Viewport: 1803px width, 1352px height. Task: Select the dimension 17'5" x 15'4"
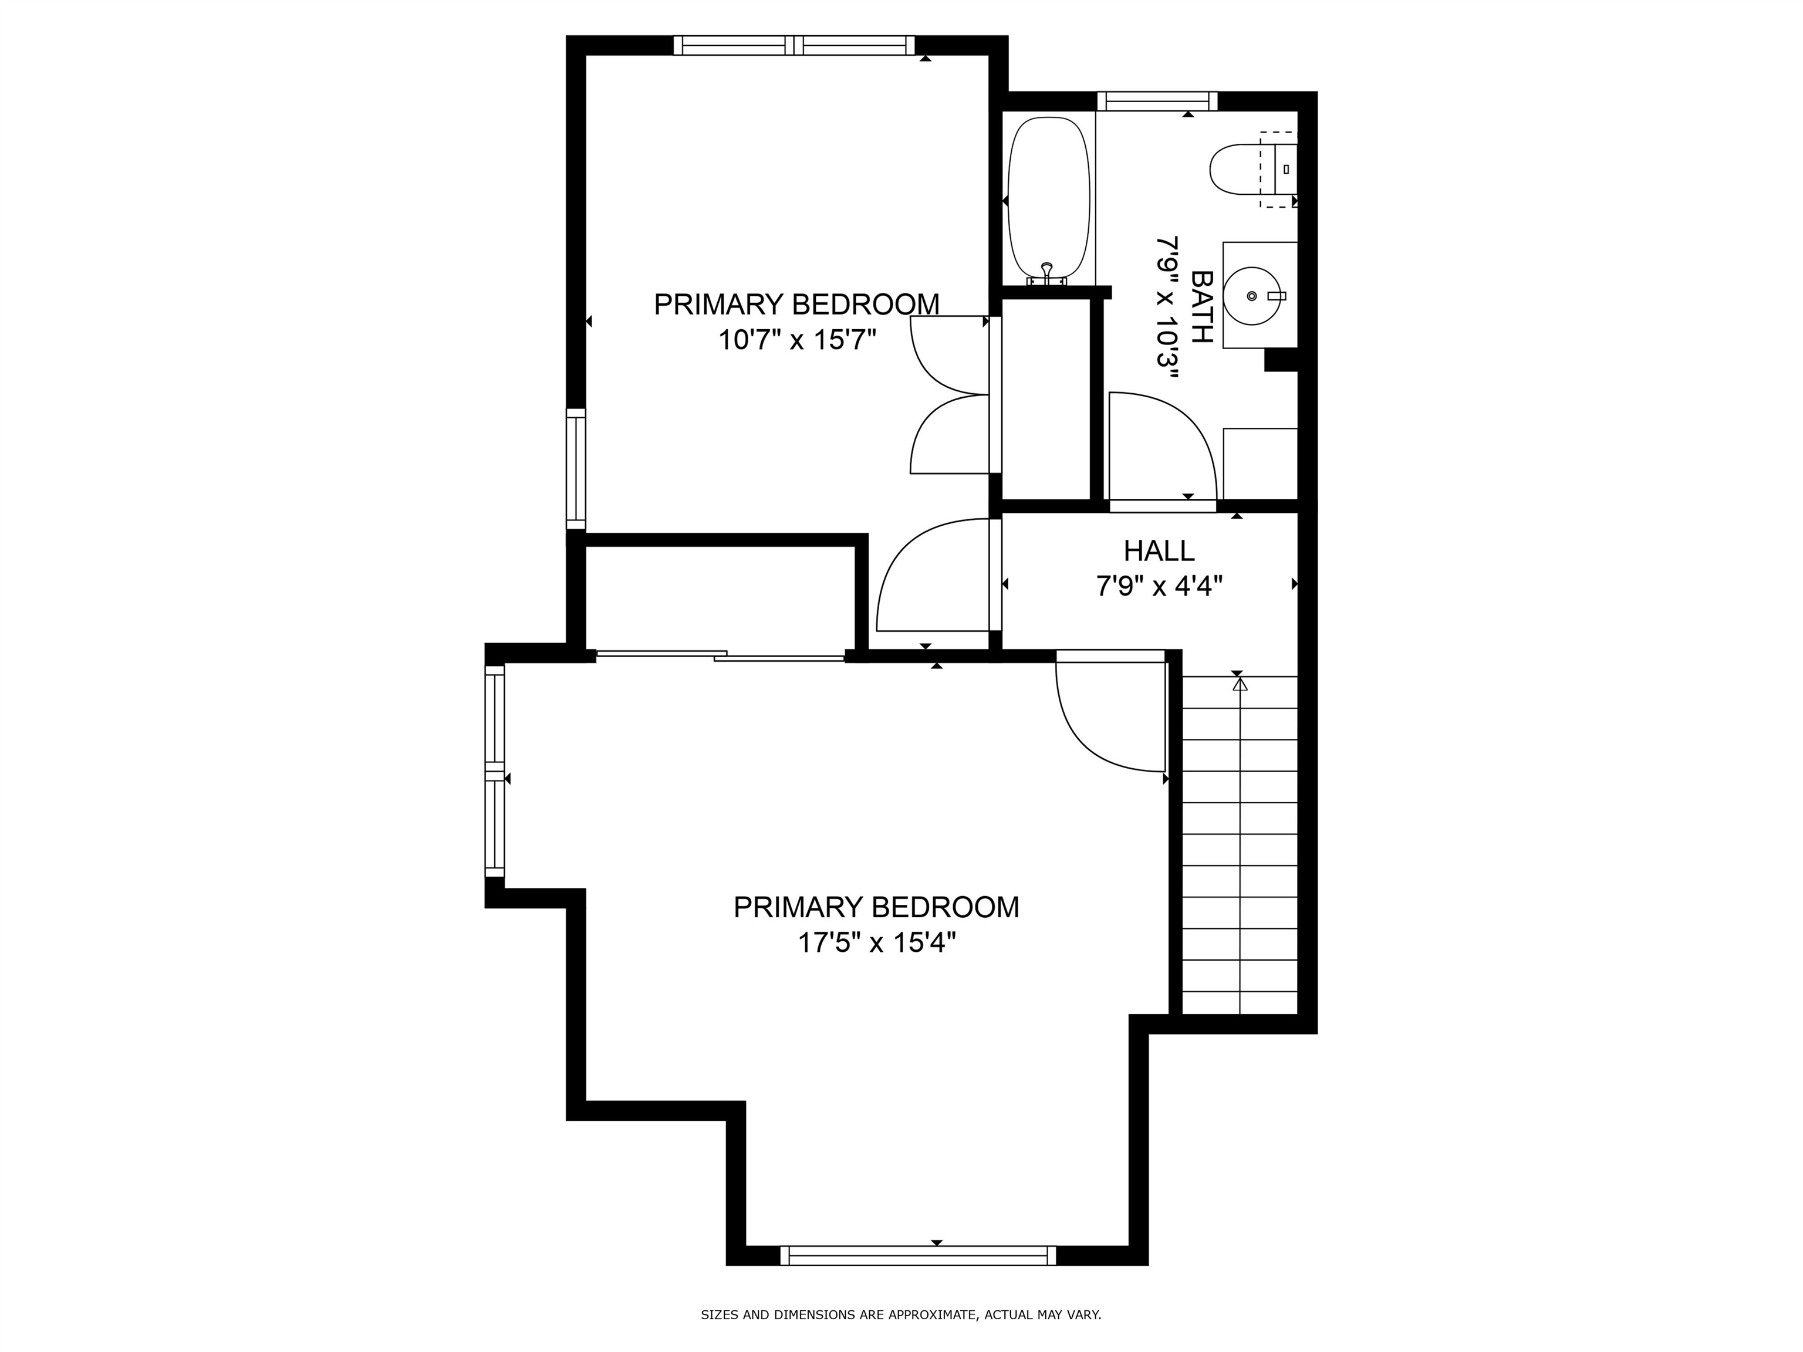(x=876, y=944)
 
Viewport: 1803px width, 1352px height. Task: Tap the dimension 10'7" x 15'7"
(x=796, y=340)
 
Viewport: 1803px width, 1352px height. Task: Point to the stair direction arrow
(x=1240, y=685)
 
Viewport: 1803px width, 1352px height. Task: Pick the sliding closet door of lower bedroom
(x=721, y=655)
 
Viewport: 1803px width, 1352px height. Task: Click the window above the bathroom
(x=1157, y=101)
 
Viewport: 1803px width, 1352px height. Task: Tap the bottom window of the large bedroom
(x=918, y=1256)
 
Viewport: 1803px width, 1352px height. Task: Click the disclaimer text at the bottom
(x=901, y=1314)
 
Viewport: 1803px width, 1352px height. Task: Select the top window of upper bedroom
(x=794, y=46)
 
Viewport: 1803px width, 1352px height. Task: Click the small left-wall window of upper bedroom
(x=576, y=469)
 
